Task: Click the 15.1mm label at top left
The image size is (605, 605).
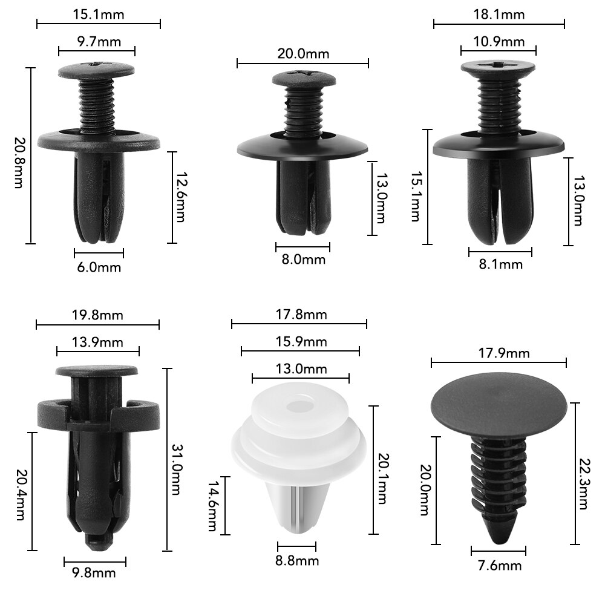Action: pos(98,13)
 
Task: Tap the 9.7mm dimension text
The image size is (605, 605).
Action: pos(96,42)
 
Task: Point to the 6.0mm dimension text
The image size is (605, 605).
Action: pos(98,267)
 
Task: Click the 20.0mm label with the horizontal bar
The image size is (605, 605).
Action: pos(303,53)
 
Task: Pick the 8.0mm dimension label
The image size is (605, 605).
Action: pos(302,260)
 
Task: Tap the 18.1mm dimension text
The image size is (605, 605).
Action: pos(499,14)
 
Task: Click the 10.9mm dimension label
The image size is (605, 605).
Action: pos(499,42)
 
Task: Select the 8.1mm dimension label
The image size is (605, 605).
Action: pos(500,264)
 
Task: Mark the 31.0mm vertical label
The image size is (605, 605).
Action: pos(175,460)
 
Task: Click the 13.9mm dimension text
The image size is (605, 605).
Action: pos(97,342)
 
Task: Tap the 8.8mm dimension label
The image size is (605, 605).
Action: pos(296,561)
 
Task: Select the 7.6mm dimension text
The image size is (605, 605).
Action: pos(499,566)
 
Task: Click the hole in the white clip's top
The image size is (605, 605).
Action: pos(299,403)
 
